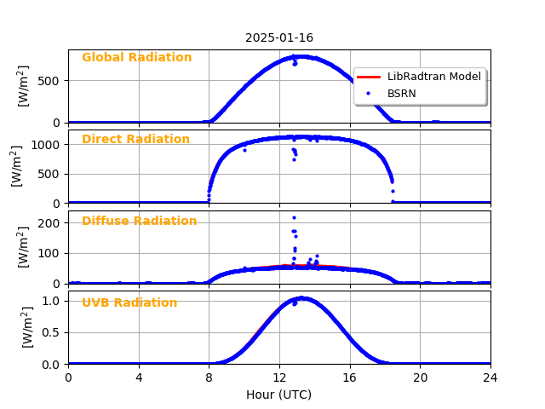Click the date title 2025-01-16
click(x=279, y=37)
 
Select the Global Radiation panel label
click(x=136, y=58)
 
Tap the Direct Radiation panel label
click(x=135, y=140)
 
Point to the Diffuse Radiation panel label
click(x=139, y=222)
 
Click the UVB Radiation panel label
click(x=129, y=303)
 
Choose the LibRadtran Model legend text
click(x=433, y=77)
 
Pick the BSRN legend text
click(x=401, y=93)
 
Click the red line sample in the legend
click(x=370, y=77)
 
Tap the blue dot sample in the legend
click(x=370, y=93)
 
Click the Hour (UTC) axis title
click(x=279, y=395)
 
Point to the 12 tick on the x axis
click(x=279, y=377)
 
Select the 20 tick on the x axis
click(x=420, y=377)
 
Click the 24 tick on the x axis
click(x=490, y=377)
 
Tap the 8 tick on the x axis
click(x=209, y=377)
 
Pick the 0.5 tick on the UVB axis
click(x=53, y=332)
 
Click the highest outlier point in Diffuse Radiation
click(x=294, y=217)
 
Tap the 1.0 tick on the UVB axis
click(x=53, y=301)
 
